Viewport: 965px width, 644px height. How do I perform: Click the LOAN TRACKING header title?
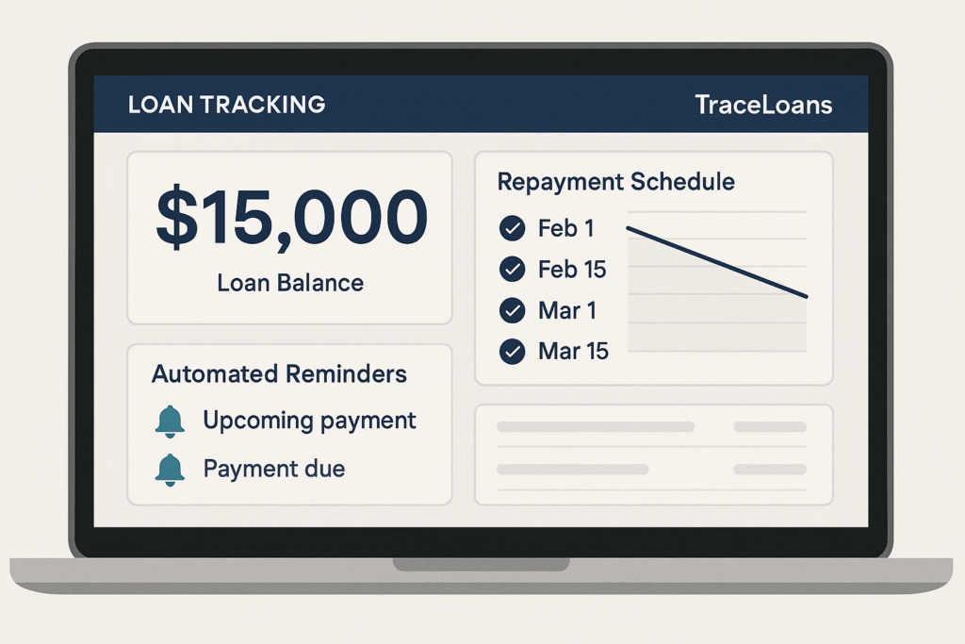(226, 104)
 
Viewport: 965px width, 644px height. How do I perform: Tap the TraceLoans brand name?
(763, 104)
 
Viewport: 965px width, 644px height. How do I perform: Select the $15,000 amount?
(290, 219)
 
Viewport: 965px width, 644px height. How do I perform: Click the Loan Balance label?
(290, 282)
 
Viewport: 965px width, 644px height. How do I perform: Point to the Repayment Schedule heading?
(615, 181)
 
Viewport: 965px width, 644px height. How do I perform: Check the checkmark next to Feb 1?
(512, 228)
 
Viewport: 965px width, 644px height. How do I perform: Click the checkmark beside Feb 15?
(512, 270)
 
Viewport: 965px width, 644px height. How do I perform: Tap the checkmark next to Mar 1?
(512, 310)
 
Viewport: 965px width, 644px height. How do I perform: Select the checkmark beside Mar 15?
(512, 352)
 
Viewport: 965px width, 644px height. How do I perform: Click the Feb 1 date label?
(565, 228)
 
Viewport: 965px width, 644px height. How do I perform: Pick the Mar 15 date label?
(573, 352)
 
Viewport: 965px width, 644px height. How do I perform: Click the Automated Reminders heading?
(279, 373)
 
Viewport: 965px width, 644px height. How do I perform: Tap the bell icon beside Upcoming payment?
(170, 422)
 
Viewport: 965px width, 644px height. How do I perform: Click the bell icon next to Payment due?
(170, 469)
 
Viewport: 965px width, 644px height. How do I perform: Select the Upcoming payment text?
(309, 421)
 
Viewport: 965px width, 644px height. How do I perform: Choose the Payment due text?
(273, 468)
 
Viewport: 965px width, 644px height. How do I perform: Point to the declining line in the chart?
(716, 262)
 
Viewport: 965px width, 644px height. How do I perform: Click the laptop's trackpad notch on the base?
(482, 564)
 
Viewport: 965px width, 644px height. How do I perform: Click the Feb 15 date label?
(572, 270)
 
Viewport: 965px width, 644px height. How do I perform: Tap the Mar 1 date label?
(566, 310)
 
